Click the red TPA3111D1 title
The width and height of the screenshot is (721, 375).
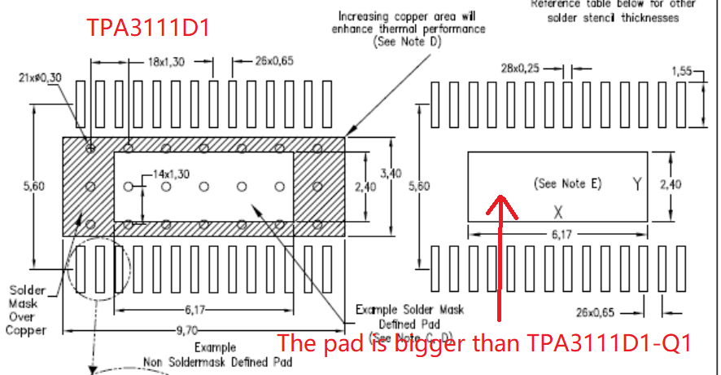(x=149, y=29)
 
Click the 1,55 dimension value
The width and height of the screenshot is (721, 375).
(x=681, y=72)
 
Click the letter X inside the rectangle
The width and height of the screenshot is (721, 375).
(x=558, y=212)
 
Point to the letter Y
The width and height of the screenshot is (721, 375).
(x=636, y=184)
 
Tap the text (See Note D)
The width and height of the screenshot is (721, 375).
(x=407, y=42)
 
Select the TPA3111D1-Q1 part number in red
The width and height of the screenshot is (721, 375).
(x=612, y=343)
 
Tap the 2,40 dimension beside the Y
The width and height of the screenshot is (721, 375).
(x=671, y=185)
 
